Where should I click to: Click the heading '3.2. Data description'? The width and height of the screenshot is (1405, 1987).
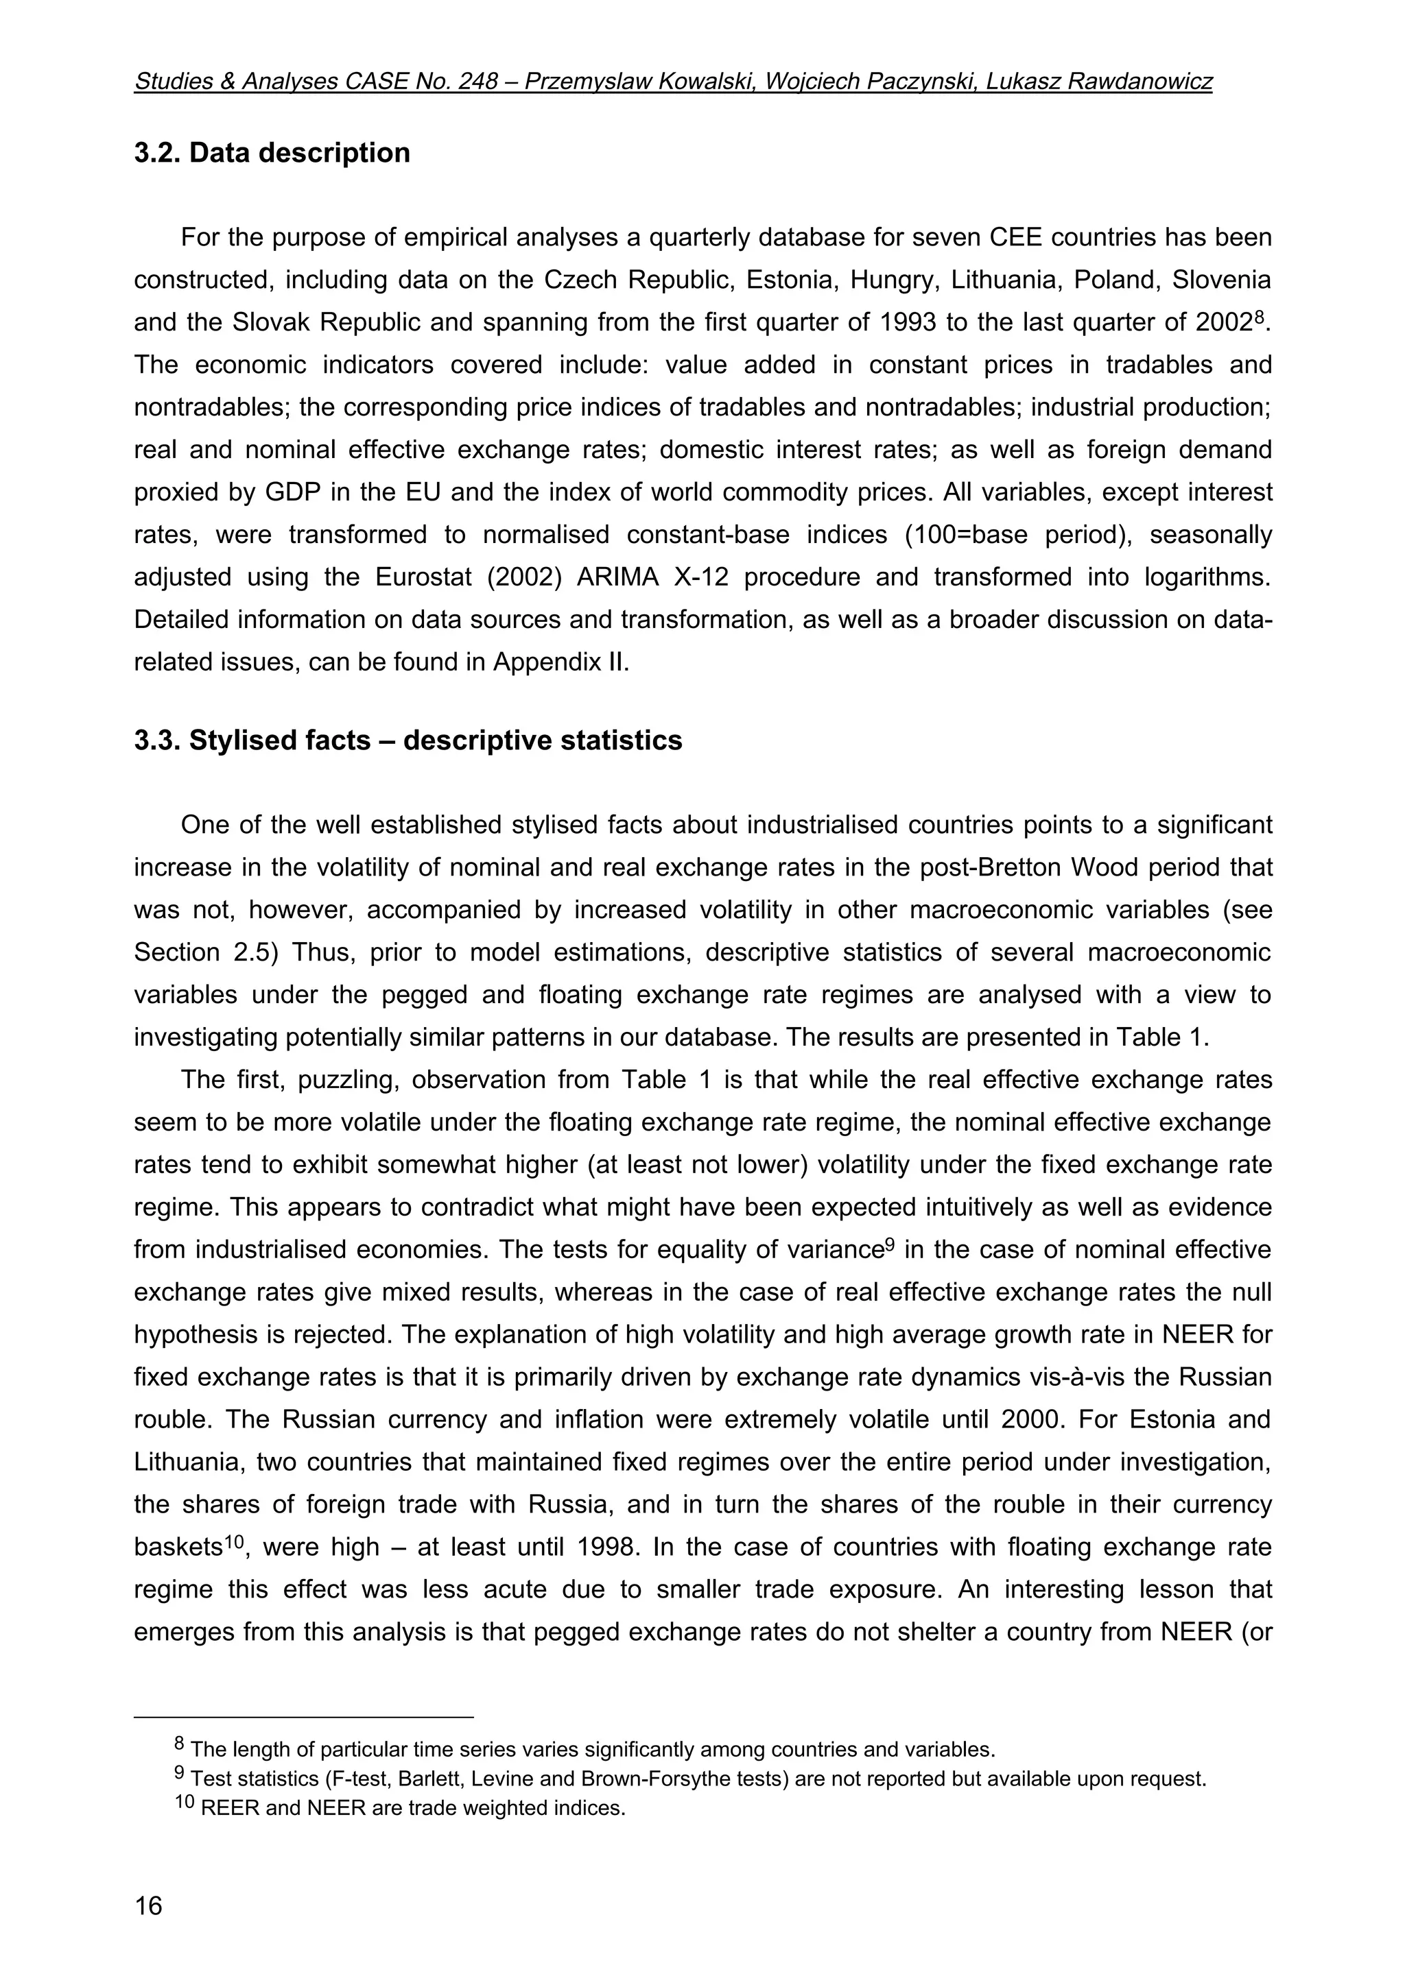click(272, 152)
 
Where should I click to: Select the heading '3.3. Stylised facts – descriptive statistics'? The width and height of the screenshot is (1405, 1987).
click(408, 740)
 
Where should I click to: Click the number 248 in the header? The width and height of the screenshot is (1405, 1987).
click(479, 82)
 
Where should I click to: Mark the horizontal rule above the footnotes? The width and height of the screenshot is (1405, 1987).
click(303, 1716)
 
